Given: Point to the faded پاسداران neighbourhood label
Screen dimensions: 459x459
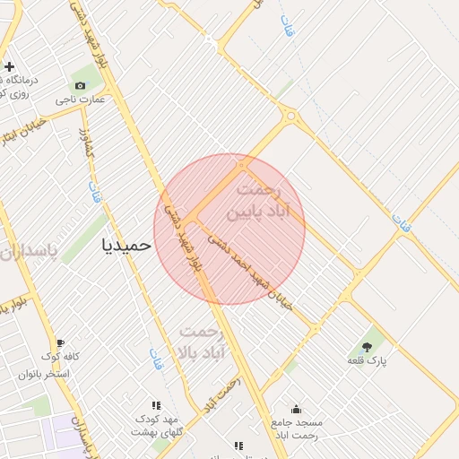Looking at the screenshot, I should point(26,250).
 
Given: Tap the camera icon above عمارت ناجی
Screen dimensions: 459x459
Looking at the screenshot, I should point(81,85).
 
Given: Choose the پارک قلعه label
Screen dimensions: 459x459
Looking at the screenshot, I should point(367,359).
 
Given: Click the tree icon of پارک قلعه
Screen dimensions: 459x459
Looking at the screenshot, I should point(367,346).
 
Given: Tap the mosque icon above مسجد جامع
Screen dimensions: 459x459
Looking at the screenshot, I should point(297,409).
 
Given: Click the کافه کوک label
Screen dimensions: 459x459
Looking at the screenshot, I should point(60,356).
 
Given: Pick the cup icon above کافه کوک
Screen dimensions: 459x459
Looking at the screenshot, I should point(60,342).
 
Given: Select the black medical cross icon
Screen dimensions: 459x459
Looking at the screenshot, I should point(9,66).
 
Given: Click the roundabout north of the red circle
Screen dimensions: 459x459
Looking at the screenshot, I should point(290,115).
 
